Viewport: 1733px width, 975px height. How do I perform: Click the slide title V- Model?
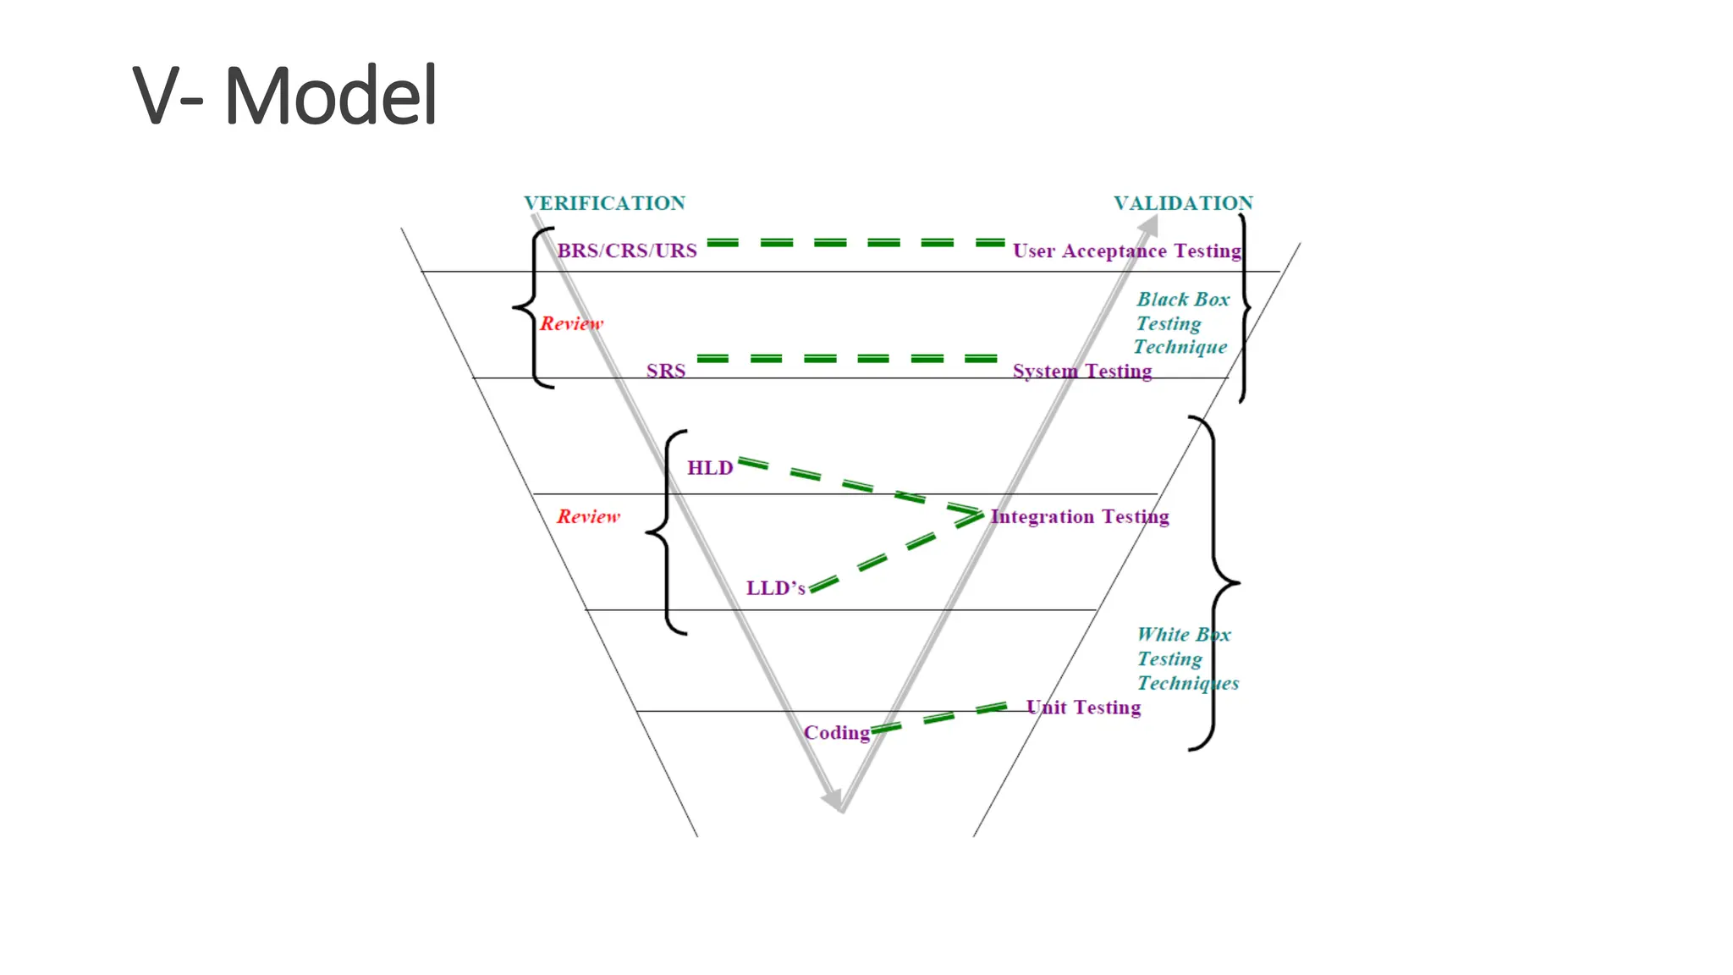pyautogui.click(x=285, y=96)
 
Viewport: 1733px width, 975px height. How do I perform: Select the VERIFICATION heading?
pyautogui.click(x=604, y=203)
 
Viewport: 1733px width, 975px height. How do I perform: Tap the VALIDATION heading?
pyautogui.click(x=1183, y=203)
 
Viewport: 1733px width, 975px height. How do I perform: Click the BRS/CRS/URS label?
pyautogui.click(x=627, y=251)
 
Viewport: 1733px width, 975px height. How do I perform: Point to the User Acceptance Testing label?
pyautogui.click(x=1126, y=251)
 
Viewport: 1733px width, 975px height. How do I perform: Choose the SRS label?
pyautogui.click(x=666, y=371)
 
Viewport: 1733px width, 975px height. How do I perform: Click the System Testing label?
pyautogui.click(x=1082, y=371)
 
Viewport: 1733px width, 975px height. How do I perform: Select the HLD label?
pyautogui.click(x=710, y=468)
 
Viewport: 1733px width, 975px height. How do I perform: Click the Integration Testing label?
pyautogui.click(x=1080, y=516)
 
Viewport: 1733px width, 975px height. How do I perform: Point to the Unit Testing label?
pyautogui.click(x=1083, y=708)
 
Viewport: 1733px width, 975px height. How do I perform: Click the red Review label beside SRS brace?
pyautogui.click(x=572, y=323)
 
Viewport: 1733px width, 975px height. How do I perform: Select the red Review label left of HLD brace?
pyautogui.click(x=588, y=516)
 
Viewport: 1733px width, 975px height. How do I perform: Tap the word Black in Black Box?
pyautogui.click(x=1163, y=300)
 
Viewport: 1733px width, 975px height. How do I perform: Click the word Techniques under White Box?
pyautogui.click(x=1188, y=683)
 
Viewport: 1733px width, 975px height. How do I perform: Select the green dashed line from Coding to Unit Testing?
pyautogui.click(x=939, y=718)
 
